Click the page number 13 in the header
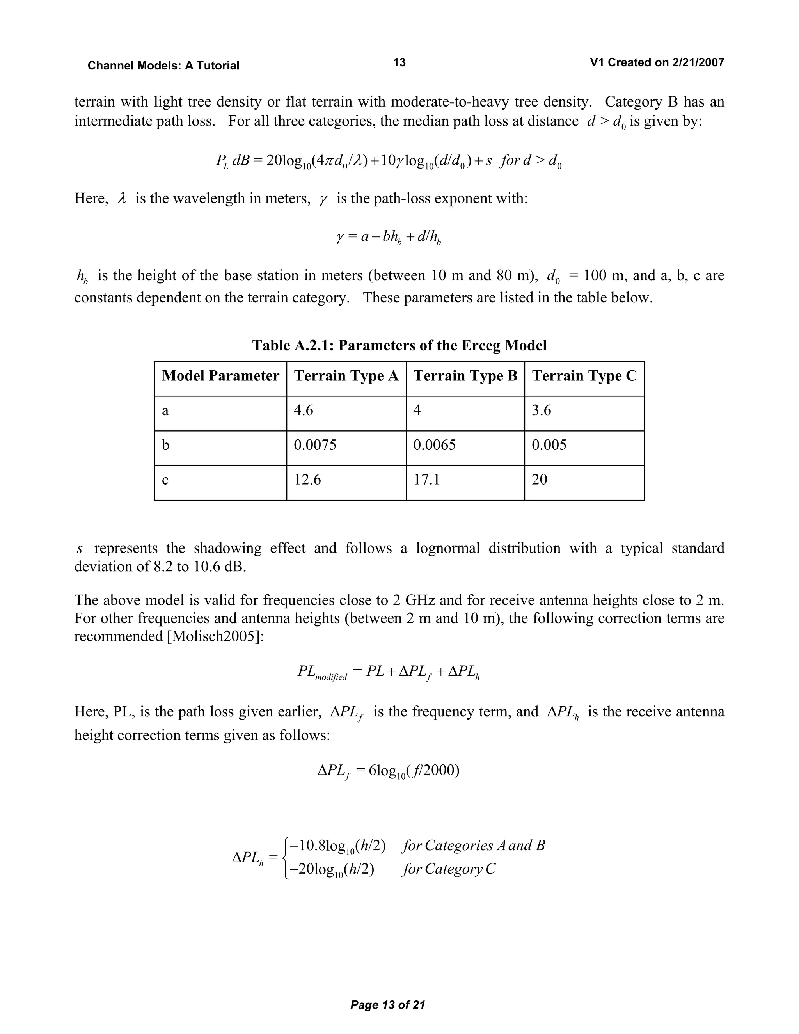(399, 62)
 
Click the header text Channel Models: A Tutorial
(163, 66)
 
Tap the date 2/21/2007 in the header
(698, 62)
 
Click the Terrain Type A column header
(346, 376)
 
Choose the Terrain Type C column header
(584, 376)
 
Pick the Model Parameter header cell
(220, 376)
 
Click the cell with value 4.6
(304, 410)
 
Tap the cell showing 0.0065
(434, 445)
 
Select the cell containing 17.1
(426, 480)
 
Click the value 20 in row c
(539, 480)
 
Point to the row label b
(166, 445)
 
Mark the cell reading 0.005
(549, 445)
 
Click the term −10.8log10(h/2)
(337, 846)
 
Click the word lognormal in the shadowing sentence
(447, 548)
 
